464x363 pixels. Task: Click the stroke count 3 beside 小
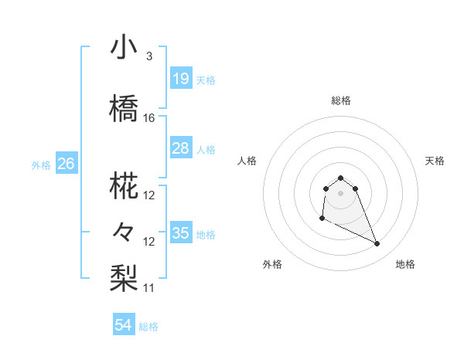tap(148, 56)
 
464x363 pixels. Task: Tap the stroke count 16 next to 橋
tap(149, 117)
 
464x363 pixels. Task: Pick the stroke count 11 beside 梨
tap(149, 287)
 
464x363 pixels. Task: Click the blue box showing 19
tap(181, 78)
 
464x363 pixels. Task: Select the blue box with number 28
tap(181, 148)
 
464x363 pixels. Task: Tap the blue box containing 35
tap(181, 232)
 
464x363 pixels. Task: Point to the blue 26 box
tap(66, 163)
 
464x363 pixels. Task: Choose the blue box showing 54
tap(124, 325)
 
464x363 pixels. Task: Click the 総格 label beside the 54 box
tap(148, 327)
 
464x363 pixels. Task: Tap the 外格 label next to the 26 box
tap(41, 165)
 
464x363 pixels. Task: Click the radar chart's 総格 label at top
tap(341, 100)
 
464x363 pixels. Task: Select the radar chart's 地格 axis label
tap(405, 265)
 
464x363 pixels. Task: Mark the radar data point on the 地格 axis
tap(377, 244)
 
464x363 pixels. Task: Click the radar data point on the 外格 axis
tap(322, 219)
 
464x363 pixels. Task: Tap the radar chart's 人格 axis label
tap(247, 161)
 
